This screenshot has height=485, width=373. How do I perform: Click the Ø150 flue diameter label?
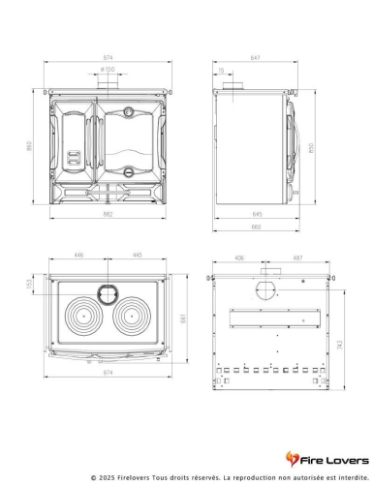[109, 70]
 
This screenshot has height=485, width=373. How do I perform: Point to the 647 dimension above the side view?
[255, 59]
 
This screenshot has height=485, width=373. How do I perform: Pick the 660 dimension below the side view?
[256, 227]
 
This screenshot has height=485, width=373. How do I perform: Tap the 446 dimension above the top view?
[78, 256]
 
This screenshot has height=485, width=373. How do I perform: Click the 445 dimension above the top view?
[138, 256]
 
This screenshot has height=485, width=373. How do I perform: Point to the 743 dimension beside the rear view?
[336, 344]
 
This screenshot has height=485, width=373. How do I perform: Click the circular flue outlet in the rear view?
[264, 290]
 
